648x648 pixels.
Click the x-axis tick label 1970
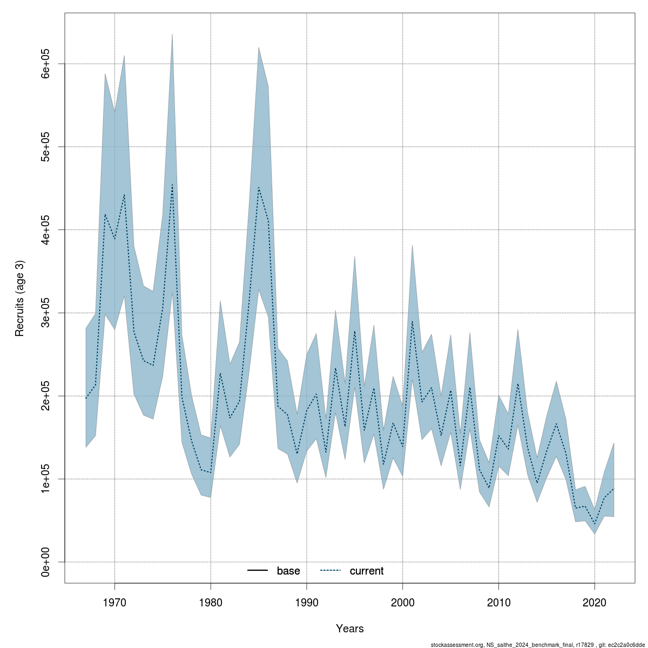pos(114,602)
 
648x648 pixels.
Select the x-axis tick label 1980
pos(211,602)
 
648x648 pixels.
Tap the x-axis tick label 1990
pos(307,602)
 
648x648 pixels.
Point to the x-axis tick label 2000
pos(403,602)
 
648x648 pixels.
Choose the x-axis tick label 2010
pos(498,602)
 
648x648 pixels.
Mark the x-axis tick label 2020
pos(595,602)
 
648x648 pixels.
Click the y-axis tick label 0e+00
pos(46,562)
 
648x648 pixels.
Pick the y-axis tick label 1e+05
pos(46,479)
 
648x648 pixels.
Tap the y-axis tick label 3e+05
pos(46,313)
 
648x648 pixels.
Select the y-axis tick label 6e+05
pos(46,64)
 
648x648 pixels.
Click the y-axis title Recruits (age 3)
pos(19,299)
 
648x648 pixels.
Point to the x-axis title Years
pos(349,629)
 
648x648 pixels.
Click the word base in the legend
pos(288,571)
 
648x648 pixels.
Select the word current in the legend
pos(367,571)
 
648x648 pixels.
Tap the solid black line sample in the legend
pos(258,571)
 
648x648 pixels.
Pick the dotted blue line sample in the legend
pos(331,571)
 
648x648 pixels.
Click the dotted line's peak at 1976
pos(172,185)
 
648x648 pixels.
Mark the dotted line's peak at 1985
pos(259,187)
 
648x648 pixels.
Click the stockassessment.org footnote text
pos(538,644)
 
